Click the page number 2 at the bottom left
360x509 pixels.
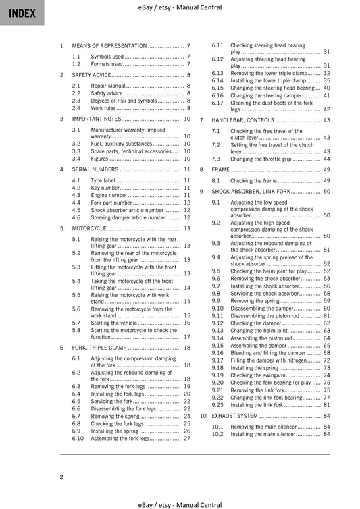tap(61, 477)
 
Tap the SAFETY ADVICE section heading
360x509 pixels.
tap(92, 75)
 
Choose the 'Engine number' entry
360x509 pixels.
tap(109, 195)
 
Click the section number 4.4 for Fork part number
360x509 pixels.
tap(76, 203)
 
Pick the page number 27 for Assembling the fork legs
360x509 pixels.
tap(187, 438)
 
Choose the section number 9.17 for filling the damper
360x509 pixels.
tap(217, 360)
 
